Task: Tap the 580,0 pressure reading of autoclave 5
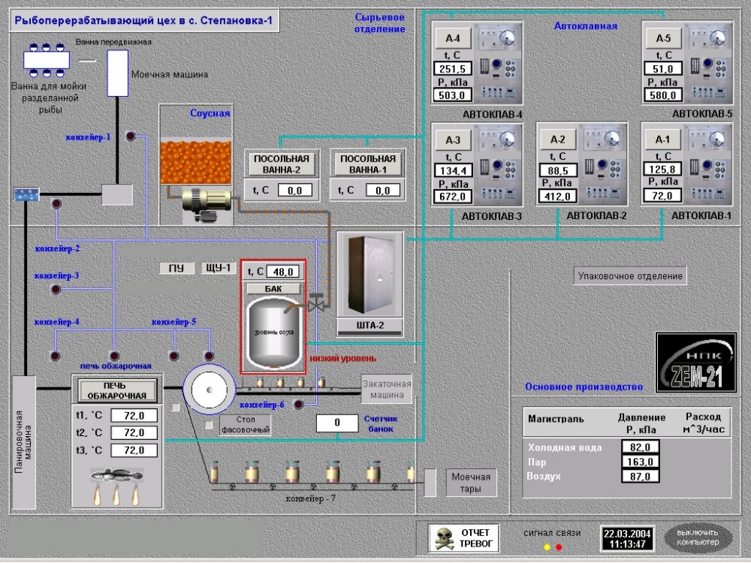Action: (x=662, y=95)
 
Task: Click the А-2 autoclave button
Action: (x=557, y=139)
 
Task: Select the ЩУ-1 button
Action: (x=218, y=269)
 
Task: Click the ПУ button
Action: (x=176, y=269)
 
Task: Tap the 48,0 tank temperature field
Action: (x=282, y=272)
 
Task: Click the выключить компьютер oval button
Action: (x=698, y=537)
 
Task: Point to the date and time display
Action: (x=626, y=538)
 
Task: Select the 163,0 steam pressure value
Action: (x=640, y=462)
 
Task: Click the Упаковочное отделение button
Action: (x=630, y=276)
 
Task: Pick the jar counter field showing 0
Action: (x=336, y=423)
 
